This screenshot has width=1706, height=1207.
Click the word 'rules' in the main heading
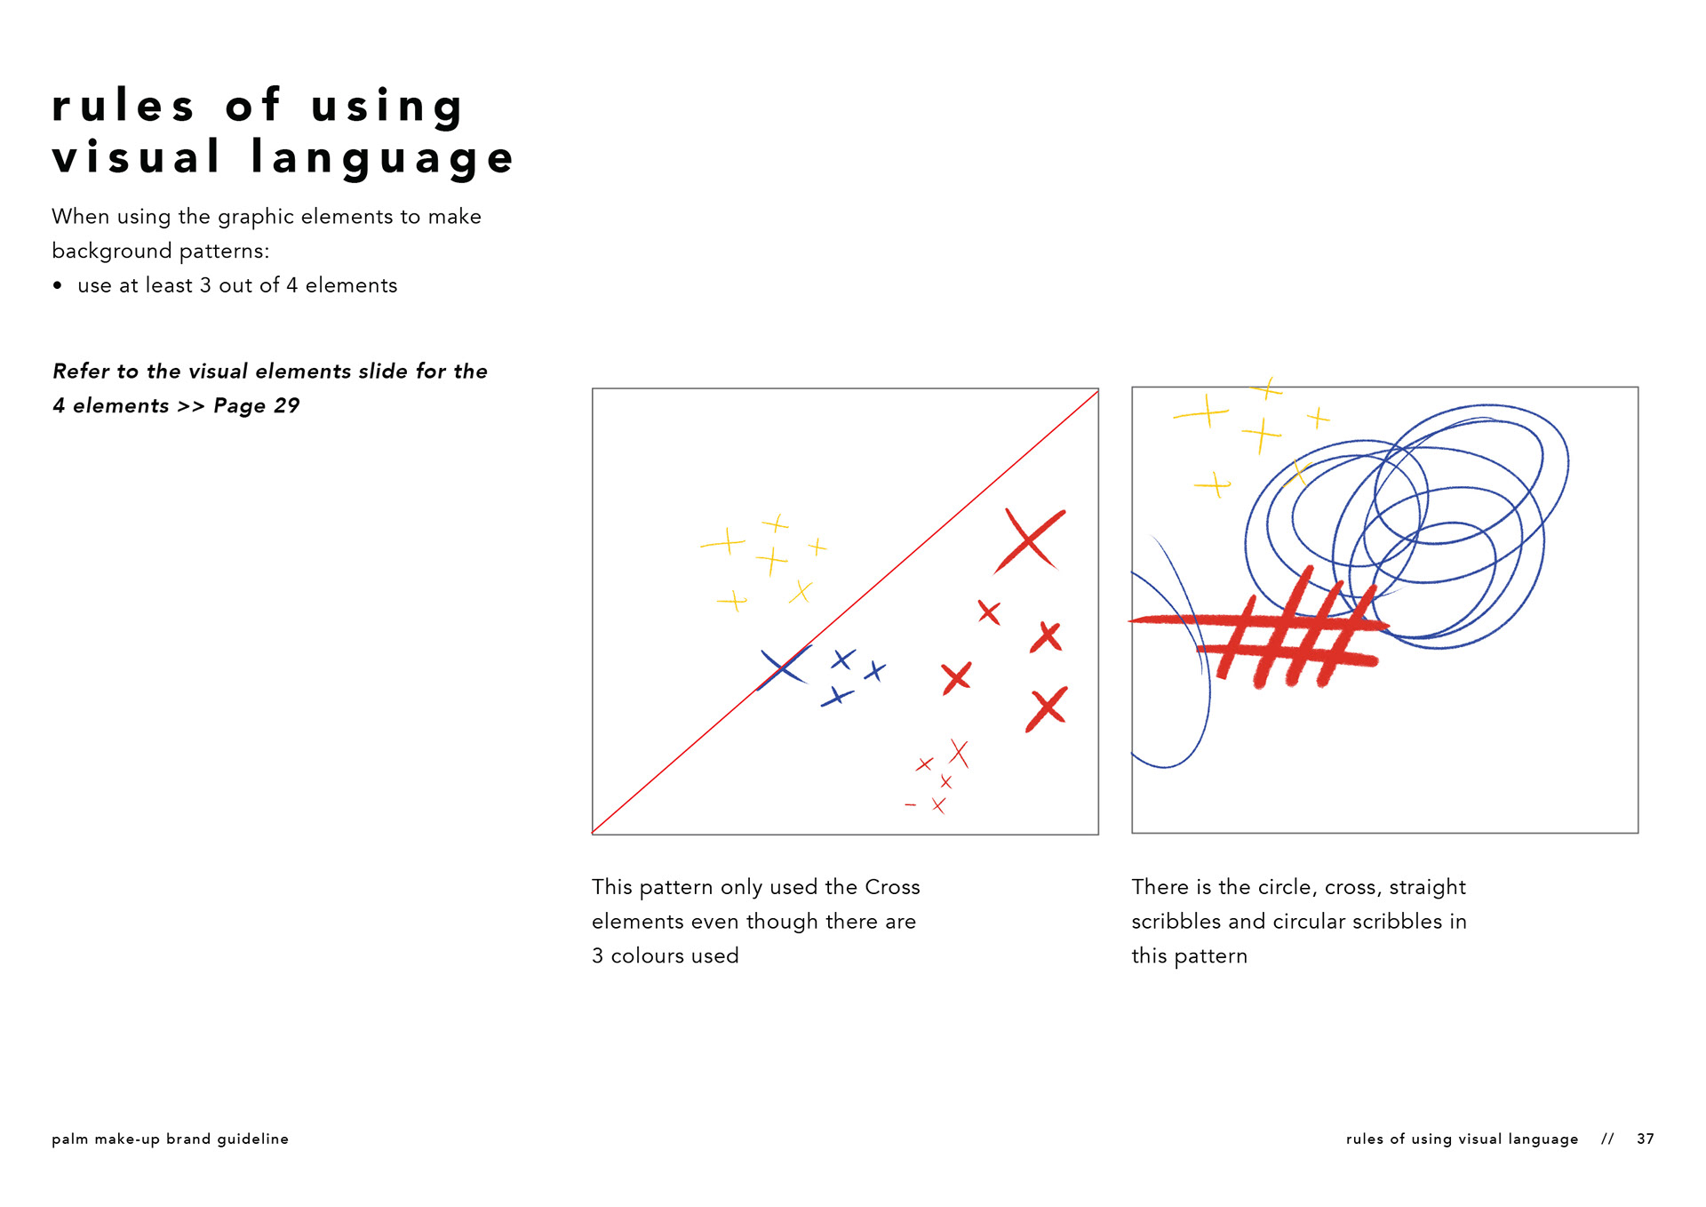coord(123,106)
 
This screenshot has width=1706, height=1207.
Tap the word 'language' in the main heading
coord(382,158)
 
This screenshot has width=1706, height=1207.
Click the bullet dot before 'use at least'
coord(58,285)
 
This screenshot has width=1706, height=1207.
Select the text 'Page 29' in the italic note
coord(257,406)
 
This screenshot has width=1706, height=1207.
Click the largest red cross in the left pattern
coord(1029,540)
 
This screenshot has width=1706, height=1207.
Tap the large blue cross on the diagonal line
coord(784,667)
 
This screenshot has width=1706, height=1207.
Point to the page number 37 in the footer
coord(1646,1139)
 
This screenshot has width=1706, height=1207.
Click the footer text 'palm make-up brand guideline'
coord(170,1139)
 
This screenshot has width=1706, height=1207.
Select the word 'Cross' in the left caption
coord(892,887)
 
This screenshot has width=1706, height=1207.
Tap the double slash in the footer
coord(1607,1139)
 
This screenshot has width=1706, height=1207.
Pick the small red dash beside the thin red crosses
coord(910,805)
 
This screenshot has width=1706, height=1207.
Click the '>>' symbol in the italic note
coord(191,406)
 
